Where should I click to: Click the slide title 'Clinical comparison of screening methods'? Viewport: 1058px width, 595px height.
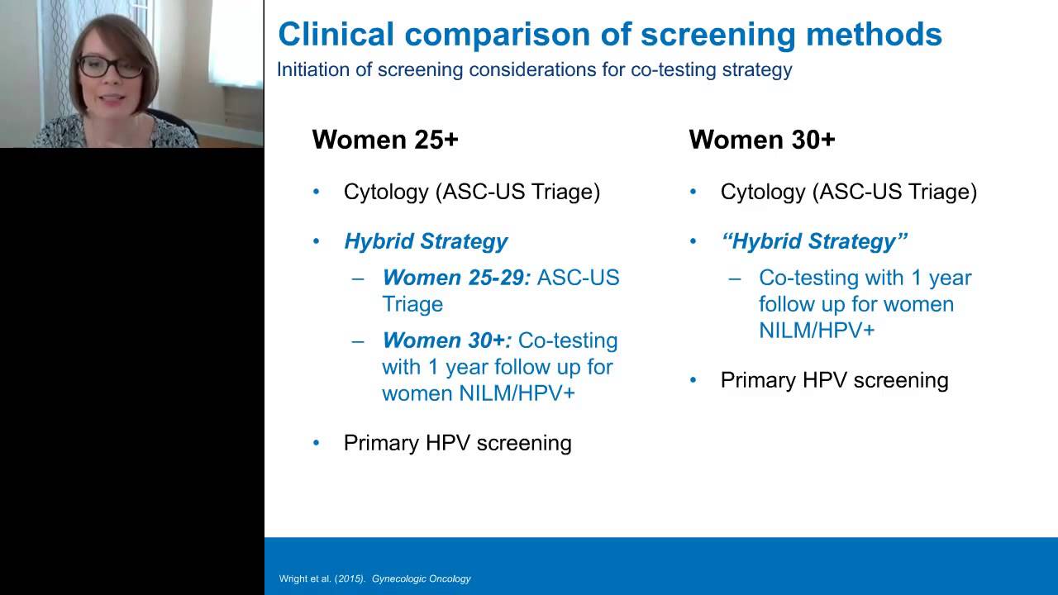(x=609, y=34)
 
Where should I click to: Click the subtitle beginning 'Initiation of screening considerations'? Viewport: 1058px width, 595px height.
(x=534, y=69)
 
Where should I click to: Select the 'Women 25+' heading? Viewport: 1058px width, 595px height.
(x=384, y=140)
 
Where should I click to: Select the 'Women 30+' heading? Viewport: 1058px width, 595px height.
(x=761, y=140)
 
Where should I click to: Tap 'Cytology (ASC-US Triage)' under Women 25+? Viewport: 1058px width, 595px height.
(x=471, y=192)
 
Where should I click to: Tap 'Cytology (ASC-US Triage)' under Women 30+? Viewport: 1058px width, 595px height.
(x=848, y=192)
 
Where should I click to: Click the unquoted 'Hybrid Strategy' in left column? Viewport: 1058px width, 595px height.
(x=426, y=241)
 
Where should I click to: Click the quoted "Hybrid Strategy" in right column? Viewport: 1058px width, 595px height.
(x=814, y=241)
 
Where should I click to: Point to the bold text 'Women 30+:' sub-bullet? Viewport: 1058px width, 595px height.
(x=447, y=340)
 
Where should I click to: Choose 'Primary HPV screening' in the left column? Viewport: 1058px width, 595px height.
(x=457, y=443)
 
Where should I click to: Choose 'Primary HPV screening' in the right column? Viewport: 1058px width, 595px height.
(x=834, y=380)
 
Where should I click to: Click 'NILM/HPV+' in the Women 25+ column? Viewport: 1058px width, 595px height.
(x=517, y=393)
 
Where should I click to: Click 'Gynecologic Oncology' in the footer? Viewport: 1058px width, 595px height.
(x=421, y=578)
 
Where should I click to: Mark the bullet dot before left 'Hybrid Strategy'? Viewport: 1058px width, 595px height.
(x=316, y=242)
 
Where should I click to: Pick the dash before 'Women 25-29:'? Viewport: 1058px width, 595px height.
(x=358, y=278)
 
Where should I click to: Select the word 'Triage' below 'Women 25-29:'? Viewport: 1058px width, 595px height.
(x=412, y=304)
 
